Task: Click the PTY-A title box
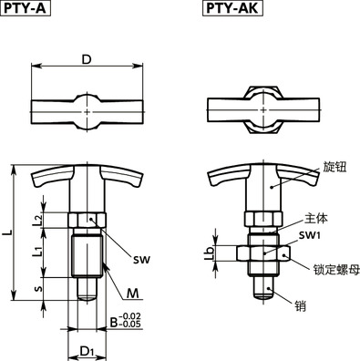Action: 26,11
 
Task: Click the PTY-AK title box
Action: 228,11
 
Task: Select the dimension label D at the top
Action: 86,59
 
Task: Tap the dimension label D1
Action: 87,350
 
